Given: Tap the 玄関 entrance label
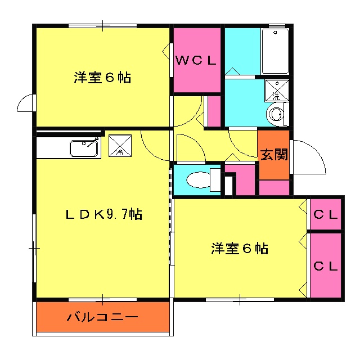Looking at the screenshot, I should [x=274, y=154].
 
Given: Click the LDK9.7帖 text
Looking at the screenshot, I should [x=103, y=214].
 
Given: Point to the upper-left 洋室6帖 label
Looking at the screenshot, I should [x=102, y=78].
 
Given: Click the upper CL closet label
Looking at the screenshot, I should [x=326, y=214].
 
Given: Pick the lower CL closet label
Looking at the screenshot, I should [x=326, y=265].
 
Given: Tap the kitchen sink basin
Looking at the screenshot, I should [x=83, y=148].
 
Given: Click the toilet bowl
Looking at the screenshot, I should [x=197, y=180].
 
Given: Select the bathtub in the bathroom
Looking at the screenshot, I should [x=275, y=51].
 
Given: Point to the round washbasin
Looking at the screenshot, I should [x=276, y=114].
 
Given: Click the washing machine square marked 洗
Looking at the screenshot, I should [x=276, y=89].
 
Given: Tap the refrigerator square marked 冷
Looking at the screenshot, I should [x=119, y=145].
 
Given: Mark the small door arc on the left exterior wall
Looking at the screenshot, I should [x=26, y=105].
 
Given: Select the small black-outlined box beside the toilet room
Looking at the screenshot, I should [x=229, y=184].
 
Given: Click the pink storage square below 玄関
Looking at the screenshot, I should [x=274, y=188].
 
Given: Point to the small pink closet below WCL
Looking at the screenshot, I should [x=214, y=111].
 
